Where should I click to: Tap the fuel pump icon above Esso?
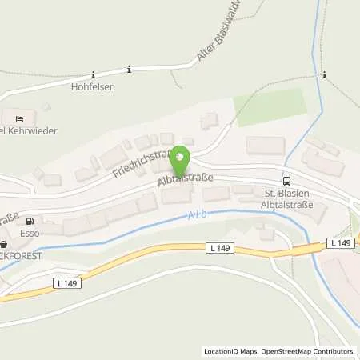coord(30,222)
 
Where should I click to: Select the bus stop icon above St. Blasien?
coord(287,180)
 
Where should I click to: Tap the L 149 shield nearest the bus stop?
coord(341,242)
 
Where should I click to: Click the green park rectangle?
coord(271,106)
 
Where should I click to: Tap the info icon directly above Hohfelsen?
coord(128,70)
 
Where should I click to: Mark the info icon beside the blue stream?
coord(324,74)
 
